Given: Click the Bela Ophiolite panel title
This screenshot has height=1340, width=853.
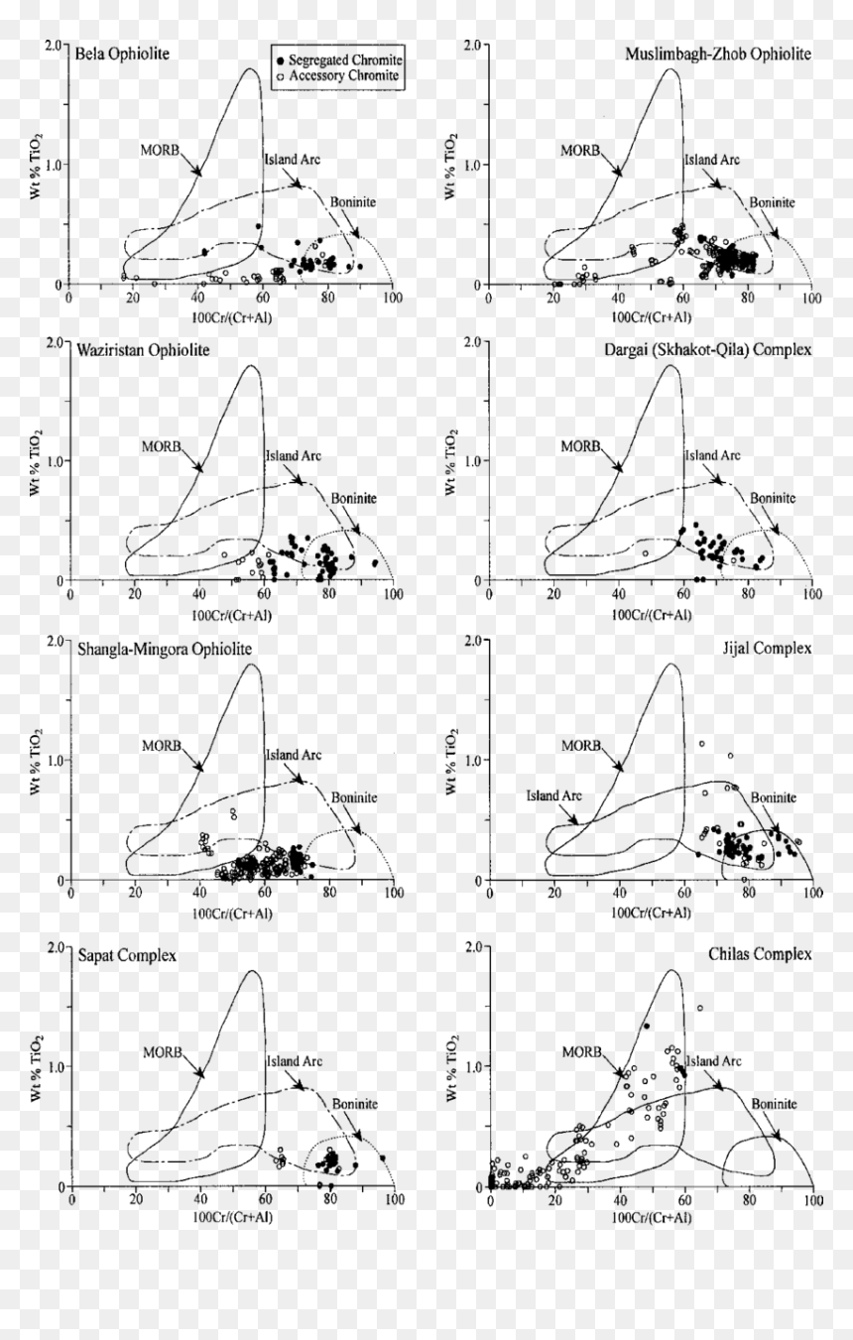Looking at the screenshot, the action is (x=122, y=54).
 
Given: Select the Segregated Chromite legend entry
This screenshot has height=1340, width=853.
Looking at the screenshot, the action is (x=340, y=60).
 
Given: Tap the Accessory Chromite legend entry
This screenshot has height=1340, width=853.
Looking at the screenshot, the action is (x=338, y=76).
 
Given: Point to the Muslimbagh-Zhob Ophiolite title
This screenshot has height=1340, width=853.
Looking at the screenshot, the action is (x=718, y=54).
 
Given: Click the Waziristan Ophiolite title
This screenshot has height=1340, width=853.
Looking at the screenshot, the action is (x=143, y=350).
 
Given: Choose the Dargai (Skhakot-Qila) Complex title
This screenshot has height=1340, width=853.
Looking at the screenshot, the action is (x=707, y=349).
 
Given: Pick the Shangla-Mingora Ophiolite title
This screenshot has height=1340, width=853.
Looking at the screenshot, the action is (x=165, y=649).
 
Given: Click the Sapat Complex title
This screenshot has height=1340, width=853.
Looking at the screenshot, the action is (x=127, y=955).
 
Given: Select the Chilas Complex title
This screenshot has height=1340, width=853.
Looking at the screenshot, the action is (x=760, y=954).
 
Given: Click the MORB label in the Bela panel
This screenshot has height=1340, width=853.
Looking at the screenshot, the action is (x=160, y=150).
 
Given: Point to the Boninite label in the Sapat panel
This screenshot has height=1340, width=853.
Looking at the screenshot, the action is (x=355, y=1104).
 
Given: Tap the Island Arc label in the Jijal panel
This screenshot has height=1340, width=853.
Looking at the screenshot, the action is (x=553, y=795).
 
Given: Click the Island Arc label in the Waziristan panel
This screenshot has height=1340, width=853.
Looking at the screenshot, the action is (x=294, y=456).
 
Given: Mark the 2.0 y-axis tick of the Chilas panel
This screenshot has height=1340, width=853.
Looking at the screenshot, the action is (x=472, y=947).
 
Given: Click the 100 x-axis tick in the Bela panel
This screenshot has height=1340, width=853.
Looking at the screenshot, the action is (x=393, y=298).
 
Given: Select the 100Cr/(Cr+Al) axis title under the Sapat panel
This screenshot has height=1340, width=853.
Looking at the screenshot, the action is (x=232, y=1217).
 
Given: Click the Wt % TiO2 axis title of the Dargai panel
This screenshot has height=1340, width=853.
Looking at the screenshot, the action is (x=450, y=462).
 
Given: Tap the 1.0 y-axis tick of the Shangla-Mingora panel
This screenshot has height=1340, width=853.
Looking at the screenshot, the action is (x=54, y=761).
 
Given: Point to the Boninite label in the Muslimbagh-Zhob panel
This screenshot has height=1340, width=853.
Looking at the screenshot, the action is (x=773, y=202).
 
